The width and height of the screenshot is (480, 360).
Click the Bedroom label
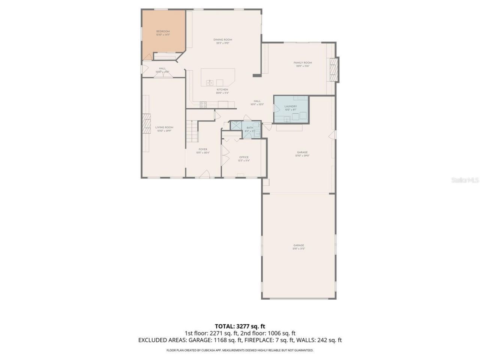tap(163, 31)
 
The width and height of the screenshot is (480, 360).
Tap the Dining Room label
tap(223, 39)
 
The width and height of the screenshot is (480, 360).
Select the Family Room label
tap(303, 63)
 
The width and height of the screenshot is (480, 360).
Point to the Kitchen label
tap(222, 90)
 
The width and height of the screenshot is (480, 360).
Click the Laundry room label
tap(291, 106)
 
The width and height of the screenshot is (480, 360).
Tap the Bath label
tap(250, 128)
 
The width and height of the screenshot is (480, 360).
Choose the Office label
tap(244, 157)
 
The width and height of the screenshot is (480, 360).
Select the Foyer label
tap(203, 149)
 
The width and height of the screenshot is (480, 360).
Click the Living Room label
tap(164, 127)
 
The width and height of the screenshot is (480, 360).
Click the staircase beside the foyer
tap(192, 131)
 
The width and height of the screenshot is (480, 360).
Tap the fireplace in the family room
tap(333, 70)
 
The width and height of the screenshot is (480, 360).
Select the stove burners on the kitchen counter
tap(203, 105)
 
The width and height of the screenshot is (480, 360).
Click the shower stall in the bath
tap(236, 125)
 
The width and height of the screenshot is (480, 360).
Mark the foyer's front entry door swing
tap(205, 173)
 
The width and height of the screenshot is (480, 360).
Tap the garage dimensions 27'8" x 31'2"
tap(298, 249)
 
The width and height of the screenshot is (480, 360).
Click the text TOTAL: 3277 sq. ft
tap(240, 326)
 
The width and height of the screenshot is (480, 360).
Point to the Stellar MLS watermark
tap(465, 180)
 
